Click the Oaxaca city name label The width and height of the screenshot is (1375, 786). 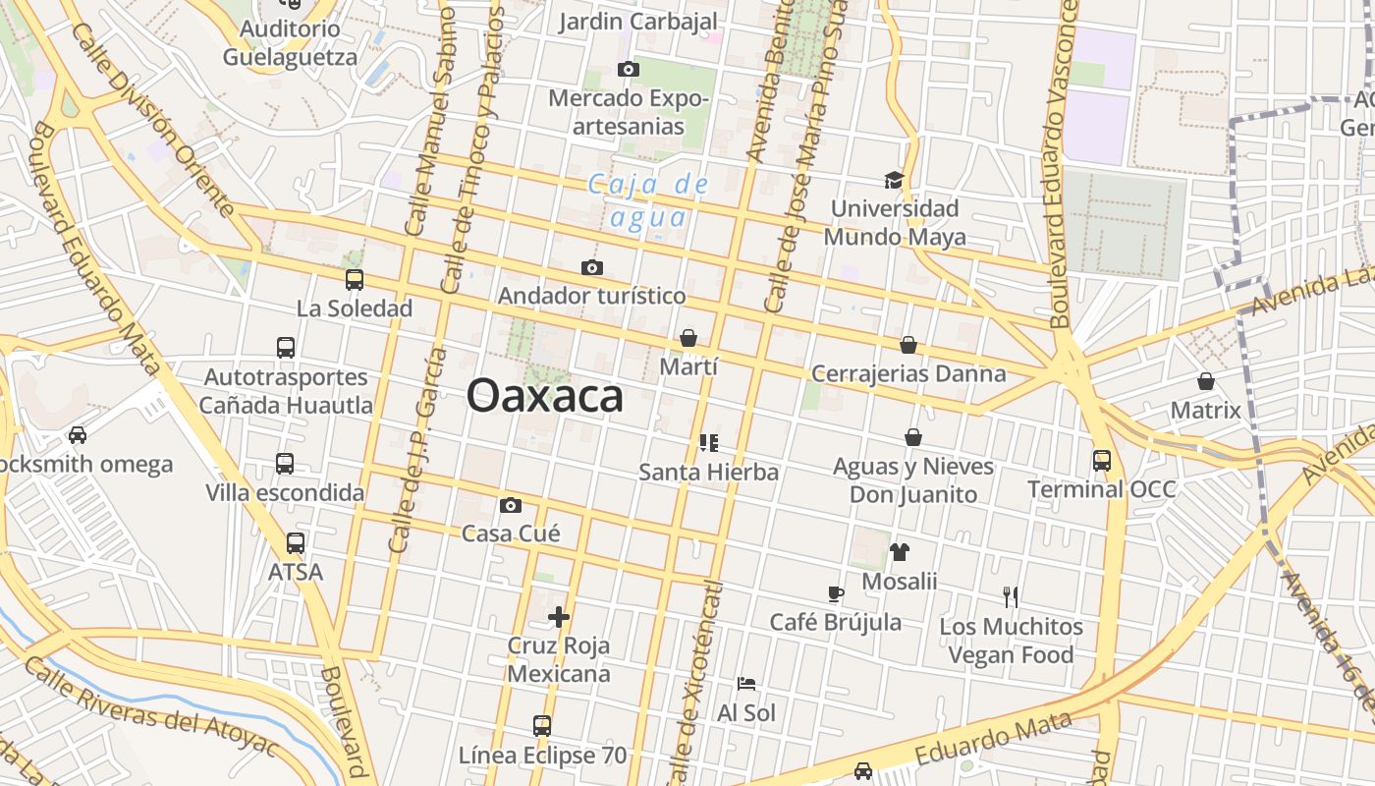click(x=545, y=396)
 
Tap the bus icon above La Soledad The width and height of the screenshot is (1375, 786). click(x=355, y=280)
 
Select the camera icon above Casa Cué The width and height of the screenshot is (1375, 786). click(x=510, y=505)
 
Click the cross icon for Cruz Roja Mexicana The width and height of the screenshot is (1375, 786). click(x=559, y=617)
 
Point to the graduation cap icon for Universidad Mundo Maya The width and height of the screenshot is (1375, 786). click(x=894, y=180)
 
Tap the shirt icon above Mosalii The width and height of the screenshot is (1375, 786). click(x=899, y=552)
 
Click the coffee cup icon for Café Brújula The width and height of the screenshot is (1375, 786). click(x=835, y=593)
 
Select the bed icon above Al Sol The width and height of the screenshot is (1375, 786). click(x=746, y=684)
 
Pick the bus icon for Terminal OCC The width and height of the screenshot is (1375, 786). click(x=1102, y=460)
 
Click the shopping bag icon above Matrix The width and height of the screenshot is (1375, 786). click(x=1206, y=381)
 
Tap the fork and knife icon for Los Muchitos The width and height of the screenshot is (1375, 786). click(x=1011, y=596)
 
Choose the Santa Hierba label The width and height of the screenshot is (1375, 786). click(x=708, y=472)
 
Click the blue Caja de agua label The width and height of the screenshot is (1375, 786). click(x=648, y=199)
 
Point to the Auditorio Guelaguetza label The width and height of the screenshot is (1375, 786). click(x=290, y=42)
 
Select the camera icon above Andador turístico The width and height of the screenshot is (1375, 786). click(x=591, y=267)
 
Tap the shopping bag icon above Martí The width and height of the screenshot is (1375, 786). click(x=688, y=338)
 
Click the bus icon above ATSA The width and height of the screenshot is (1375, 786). click(x=295, y=542)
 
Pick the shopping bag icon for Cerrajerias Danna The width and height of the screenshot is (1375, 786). click(x=908, y=345)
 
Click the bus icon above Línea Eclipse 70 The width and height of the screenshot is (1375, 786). click(x=542, y=726)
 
